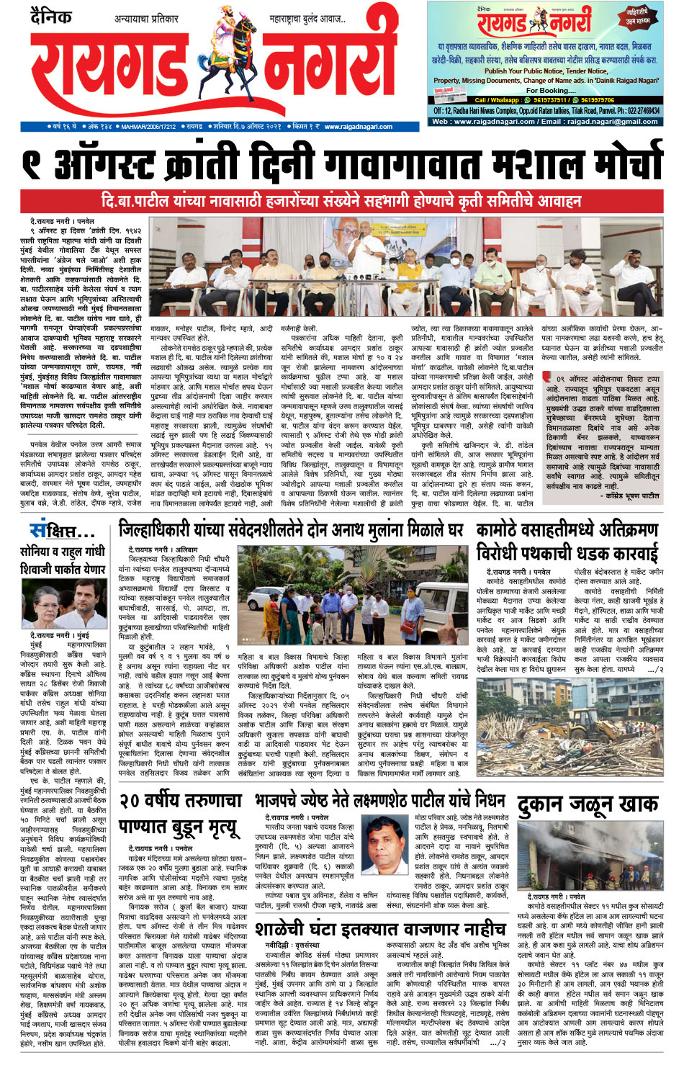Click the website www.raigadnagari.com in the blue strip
(x=358, y=127)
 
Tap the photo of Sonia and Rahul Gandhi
(x=63, y=603)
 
